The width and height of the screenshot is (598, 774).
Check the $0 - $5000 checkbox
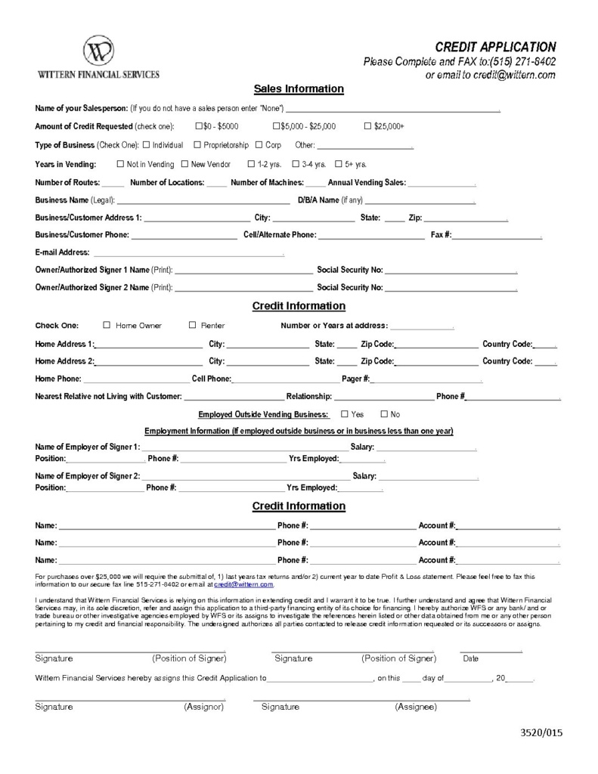[x=199, y=125]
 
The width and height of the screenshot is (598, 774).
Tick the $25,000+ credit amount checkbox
[x=368, y=125]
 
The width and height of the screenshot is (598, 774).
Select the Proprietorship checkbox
[x=197, y=144]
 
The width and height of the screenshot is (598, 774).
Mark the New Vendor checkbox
[x=184, y=163]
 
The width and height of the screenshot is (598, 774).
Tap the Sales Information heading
[x=299, y=89]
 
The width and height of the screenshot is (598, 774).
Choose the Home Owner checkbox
[x=107, y=325]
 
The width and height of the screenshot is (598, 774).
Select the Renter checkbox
[x=192, y=325]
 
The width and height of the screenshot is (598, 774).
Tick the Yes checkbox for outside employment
[x=345, y=414]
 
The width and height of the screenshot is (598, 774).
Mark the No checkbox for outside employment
[x=384, y=414]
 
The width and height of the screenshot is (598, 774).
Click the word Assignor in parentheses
[x=204, y=707]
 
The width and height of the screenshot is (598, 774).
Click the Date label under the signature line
[x=470, y=658]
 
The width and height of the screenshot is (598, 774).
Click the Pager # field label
[x=355, y=379]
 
